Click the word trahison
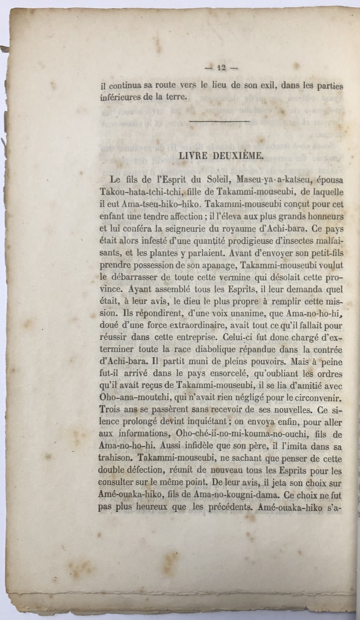click(x=115, y=459)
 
